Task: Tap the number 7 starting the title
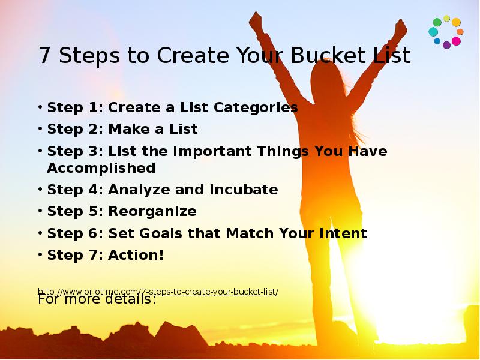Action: (x=44, y=56)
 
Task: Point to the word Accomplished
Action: (x=101, y=167)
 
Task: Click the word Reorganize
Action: (x=152, y=211)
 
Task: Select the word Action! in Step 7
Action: (x=136, y=255)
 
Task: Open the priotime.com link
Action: (x=158, y=292)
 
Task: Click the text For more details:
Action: (x=97, y=299)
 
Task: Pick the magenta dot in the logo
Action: (x=456, y=41)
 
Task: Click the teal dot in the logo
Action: (x=433, y=32)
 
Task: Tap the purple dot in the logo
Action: (x=446, y=45)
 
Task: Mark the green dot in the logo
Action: (x=437, y=22)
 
